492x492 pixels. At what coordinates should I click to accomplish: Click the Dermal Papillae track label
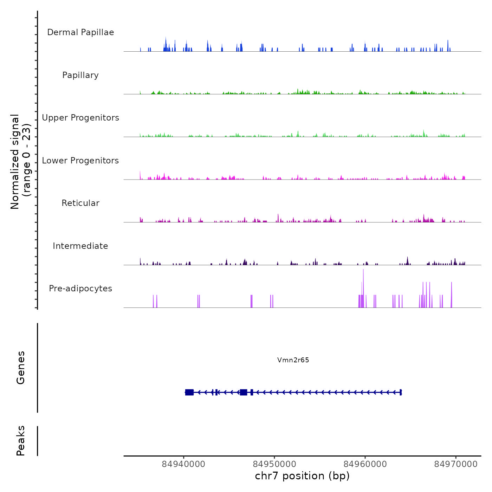(x=80, y=32)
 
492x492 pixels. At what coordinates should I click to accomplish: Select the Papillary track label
(x=80, y=75)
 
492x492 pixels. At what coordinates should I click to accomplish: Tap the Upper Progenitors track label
(x=80, y=118)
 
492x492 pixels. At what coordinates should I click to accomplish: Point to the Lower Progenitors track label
(x=80, y=161)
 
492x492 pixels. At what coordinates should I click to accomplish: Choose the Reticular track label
(x=80, y=203)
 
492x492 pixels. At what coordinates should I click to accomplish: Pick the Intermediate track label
(x=80, y=246)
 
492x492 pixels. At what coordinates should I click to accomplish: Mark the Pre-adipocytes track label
(x=80, y=289)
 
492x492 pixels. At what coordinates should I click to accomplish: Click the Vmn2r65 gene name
(x=293, y=360)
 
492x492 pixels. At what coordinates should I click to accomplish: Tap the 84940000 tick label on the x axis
(x=183, y=464)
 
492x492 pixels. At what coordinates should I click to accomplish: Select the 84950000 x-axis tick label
(x=274, y=464)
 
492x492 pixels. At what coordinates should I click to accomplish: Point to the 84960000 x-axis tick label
(x=365, y=464)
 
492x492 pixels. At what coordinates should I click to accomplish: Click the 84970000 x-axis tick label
(x=456, y=464)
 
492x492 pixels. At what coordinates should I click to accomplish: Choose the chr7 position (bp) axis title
(x=302, y=476)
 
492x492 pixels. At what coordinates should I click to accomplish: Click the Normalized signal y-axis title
(x=20, y=162)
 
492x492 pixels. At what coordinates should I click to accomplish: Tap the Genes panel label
(x=21, y=368)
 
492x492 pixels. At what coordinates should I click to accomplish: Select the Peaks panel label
(x=21, y=441)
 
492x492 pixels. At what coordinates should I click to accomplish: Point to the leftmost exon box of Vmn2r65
(x=189, y=392)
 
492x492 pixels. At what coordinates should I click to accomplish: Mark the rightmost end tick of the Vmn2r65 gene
(x=401, y=392)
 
